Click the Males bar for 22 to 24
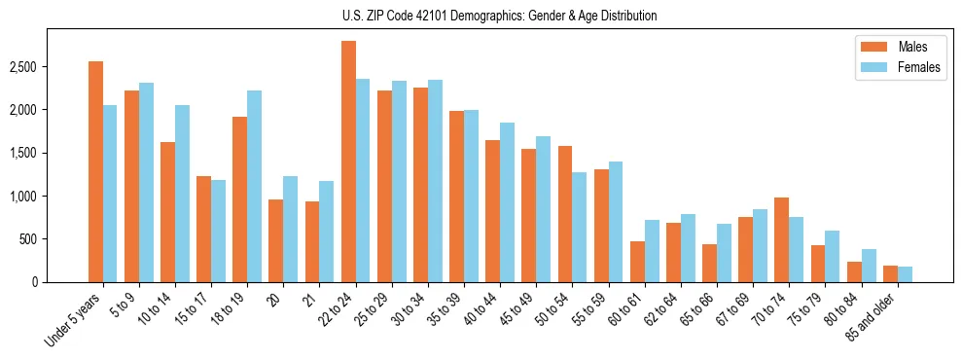[x=348, y=162]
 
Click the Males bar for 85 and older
[x=890, y=273]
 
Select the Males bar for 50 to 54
[x=565, y=214]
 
